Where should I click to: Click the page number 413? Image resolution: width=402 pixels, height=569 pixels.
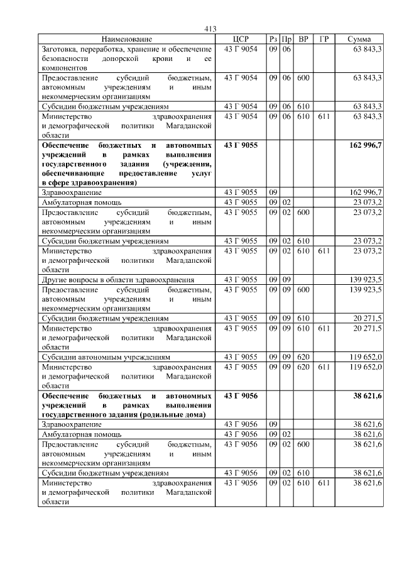[x=210, y=29]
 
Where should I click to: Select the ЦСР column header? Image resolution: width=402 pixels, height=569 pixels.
[x=241, y=39]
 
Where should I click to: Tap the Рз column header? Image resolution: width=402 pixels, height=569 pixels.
[x=273, y=39]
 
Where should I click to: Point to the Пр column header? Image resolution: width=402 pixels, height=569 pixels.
[x=286, y=39]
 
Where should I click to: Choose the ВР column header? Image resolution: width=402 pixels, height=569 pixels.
[x=303, y=39]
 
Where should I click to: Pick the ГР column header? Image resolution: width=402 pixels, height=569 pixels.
[x=324, y=39]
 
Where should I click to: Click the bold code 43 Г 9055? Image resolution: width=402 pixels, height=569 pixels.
[x=241, y=145]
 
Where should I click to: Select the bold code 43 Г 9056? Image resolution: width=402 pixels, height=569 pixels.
[x=241, y=396]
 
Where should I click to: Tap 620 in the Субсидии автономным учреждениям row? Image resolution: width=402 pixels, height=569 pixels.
[x=303, y=356]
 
